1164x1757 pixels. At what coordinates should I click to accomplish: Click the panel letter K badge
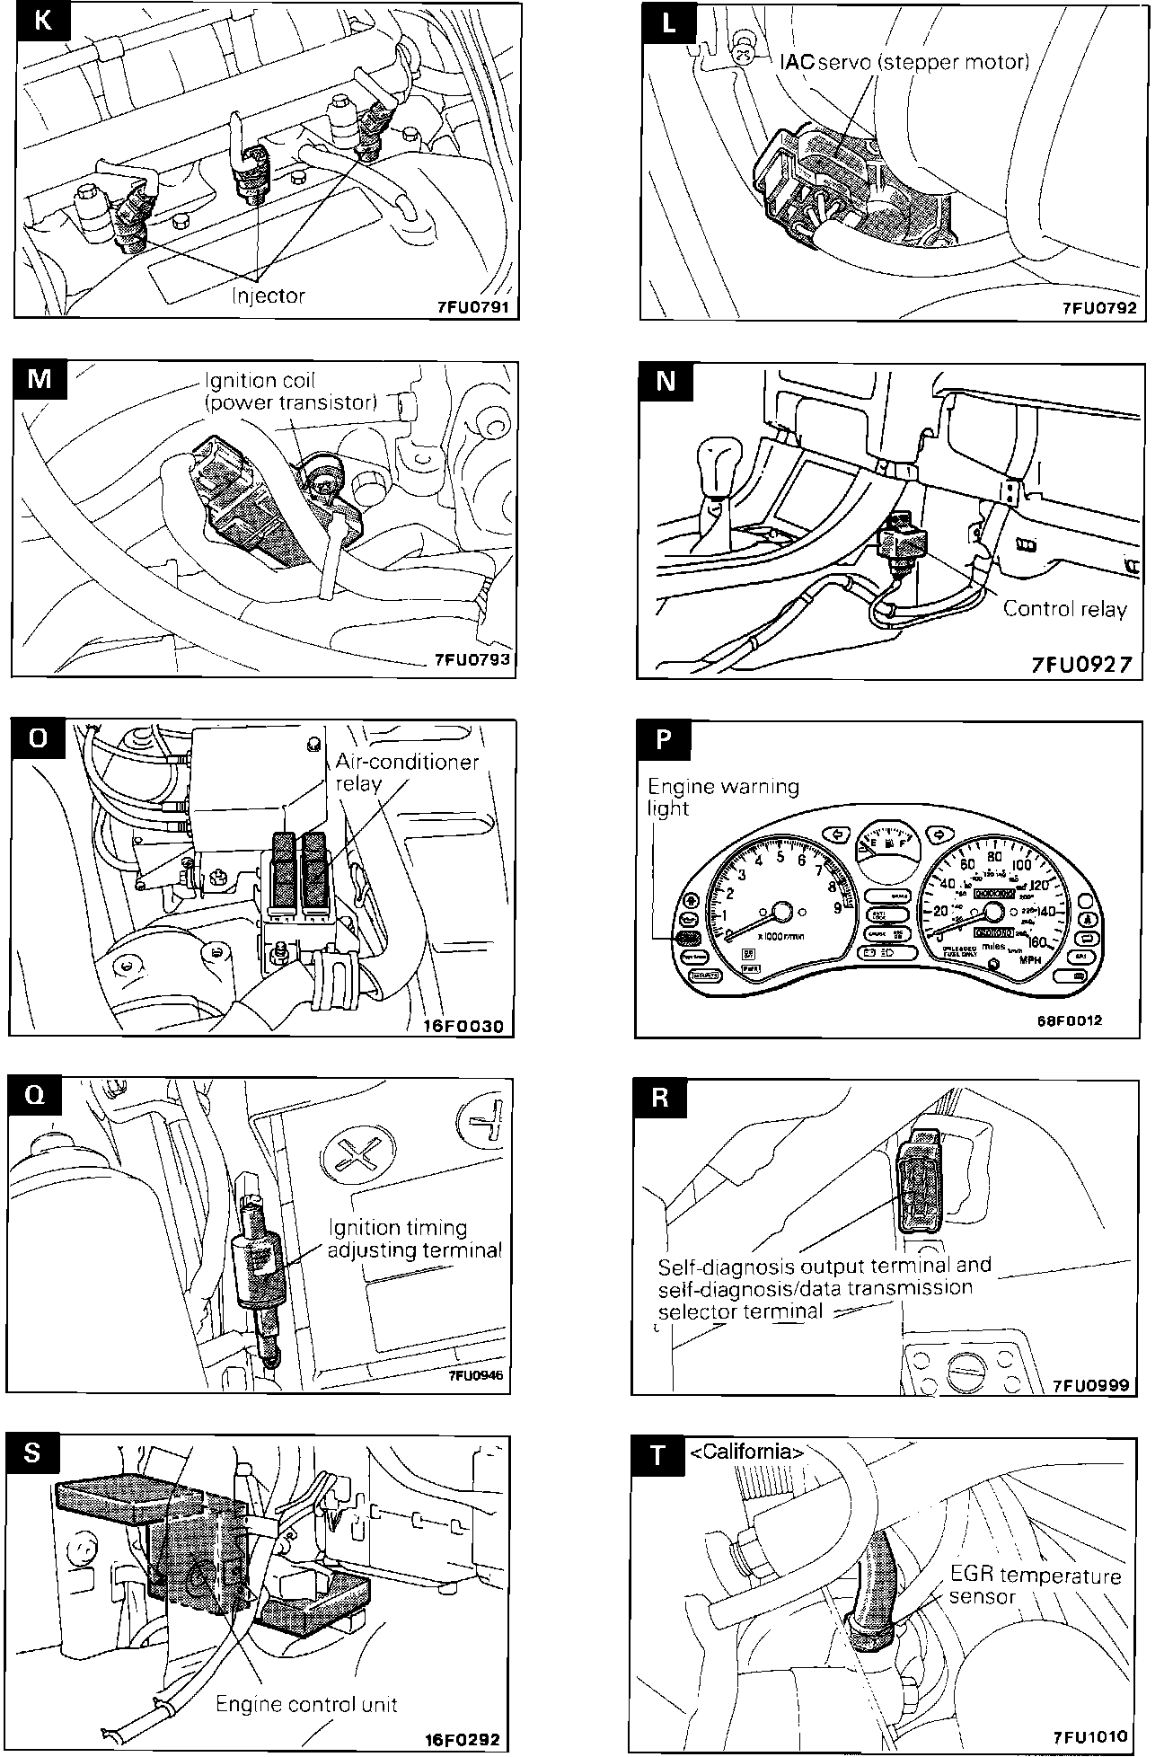coord(41,21)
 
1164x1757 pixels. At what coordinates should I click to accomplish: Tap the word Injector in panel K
coord(269,296)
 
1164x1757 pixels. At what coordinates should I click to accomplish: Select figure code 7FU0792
coord(1099,307)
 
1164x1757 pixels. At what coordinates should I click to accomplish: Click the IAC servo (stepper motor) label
coord(904,62)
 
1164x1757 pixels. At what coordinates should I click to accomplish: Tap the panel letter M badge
coord(40,379)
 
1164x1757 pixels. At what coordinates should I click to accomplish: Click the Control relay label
coord(1064,609)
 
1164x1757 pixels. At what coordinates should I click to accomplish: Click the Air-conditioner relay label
coord(407,772)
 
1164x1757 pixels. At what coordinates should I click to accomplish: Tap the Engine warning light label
coord(722,797)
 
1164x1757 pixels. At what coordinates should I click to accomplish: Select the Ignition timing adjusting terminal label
coord(414,1239)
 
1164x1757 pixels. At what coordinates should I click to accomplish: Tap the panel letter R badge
coord(661,1098)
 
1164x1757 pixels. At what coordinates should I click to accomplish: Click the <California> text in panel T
coord(746,1452)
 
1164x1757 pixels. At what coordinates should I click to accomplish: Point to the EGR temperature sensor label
coord(1035,1585)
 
